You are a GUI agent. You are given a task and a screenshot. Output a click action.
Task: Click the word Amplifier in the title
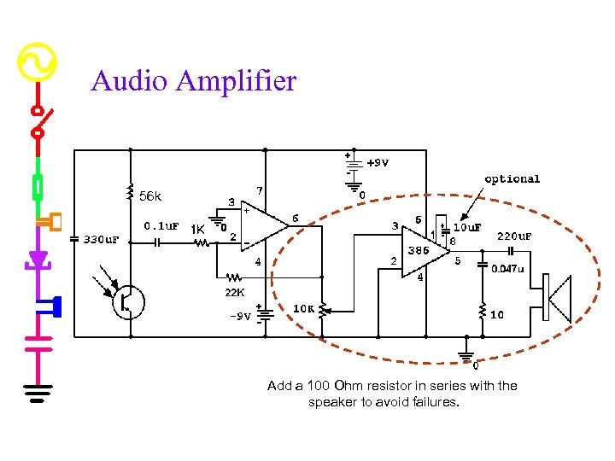(x=237, y=83)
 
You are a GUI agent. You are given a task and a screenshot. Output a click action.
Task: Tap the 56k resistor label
(x=149, y=197)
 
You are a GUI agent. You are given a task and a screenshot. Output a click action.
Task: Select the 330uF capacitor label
(x=102, y=240)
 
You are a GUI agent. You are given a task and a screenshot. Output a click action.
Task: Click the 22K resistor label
(x=235, y=293)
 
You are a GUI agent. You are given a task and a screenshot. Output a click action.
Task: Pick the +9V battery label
(x=377, y=163)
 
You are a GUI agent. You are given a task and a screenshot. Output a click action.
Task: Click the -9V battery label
(x=240, y=316)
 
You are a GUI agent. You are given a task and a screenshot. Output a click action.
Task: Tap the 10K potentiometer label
(x=303, y=308)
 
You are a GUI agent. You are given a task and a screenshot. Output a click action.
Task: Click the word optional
(x=512, y=179)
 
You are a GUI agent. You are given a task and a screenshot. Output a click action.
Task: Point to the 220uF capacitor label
(x=514, y=236)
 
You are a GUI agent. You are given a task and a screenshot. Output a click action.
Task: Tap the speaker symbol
(x=557, y=300)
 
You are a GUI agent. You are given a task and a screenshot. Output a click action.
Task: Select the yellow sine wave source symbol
(x=37, y=62)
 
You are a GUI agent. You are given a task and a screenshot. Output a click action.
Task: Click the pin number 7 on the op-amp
(x=259, y=190)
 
